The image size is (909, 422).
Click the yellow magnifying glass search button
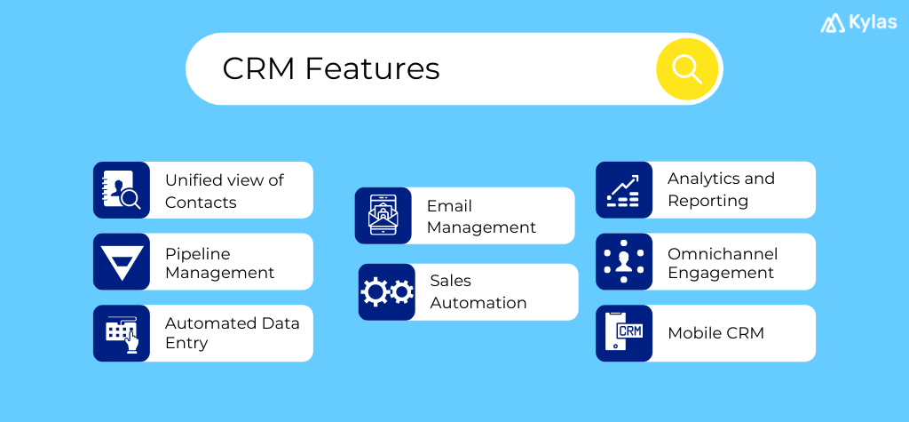tap(686, 68)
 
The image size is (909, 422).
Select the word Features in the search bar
tap(372, 68)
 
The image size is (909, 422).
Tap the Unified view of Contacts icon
tap(122, 190)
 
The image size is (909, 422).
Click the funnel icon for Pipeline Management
tap(122, 262)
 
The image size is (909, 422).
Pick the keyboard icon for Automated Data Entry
tap(122, 333)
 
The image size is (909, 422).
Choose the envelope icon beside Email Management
tap(383, 216)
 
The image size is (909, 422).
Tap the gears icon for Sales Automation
tap(387, 291)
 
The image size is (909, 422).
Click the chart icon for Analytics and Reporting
tap(624, 190)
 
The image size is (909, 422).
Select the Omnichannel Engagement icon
tap(624, 262)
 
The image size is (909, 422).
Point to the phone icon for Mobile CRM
tap(624, 333)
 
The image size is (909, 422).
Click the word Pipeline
tap(198, 253)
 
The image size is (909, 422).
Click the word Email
tap(449, 205)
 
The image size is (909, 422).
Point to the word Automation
tap(478, 302)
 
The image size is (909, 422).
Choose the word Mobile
tap(694, 333)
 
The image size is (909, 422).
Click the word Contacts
tap(201, 202)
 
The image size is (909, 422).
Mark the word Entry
tap(186, 343)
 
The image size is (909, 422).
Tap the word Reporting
tap(707, 201)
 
